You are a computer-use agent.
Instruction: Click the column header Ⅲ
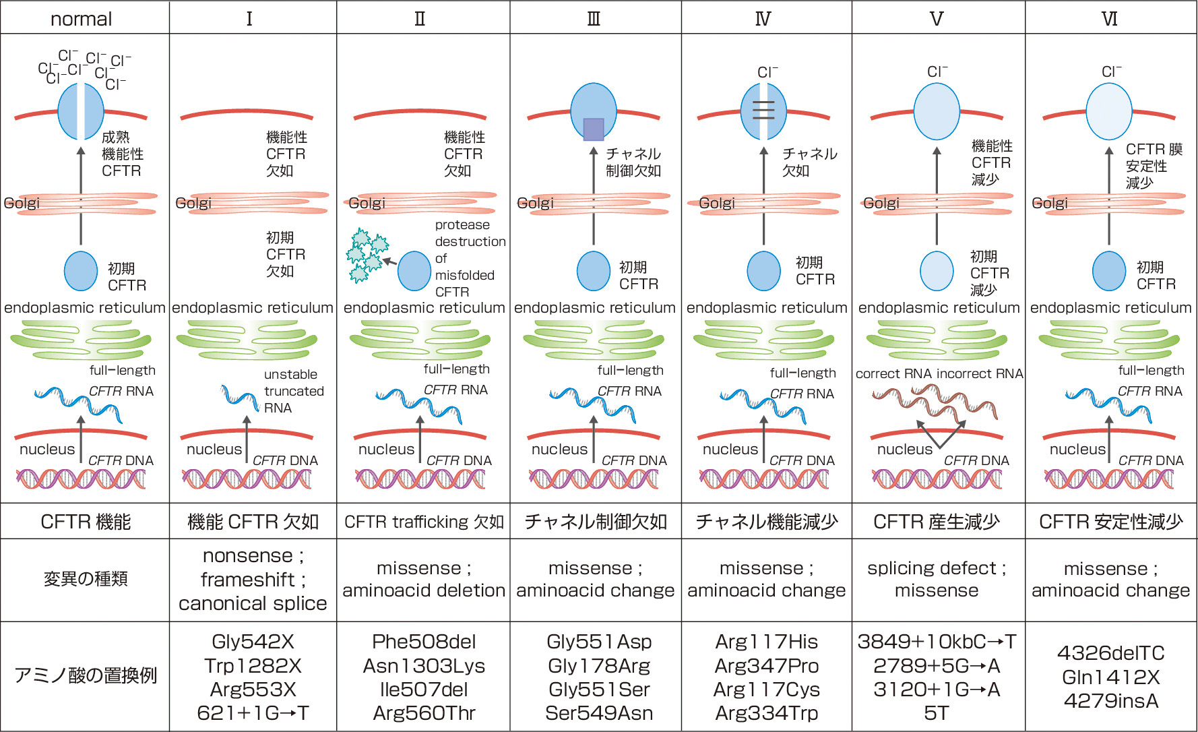click(594, 18)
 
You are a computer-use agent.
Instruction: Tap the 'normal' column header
click(81, 18)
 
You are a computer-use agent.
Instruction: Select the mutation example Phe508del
click(424, 642)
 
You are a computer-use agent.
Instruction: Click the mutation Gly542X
click(253, 642)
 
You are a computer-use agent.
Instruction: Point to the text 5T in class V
click(936, 713)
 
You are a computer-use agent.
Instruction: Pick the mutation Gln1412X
click(1110, 677)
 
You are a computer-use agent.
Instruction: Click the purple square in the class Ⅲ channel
click(593, 129)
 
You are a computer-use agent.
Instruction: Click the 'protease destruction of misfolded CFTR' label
click(469, 258)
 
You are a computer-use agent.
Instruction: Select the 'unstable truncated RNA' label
click(293, 391)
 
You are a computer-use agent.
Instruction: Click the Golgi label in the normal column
click(22, 203)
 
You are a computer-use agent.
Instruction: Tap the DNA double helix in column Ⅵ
click(1109, 479)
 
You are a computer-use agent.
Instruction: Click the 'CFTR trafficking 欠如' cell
click(424, 522)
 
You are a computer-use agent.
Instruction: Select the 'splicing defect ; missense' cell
click(937, 579)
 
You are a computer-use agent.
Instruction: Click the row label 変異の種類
click(85, 579)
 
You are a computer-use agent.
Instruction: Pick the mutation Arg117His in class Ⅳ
click(766, 642)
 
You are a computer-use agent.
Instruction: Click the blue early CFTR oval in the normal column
click(81, 271)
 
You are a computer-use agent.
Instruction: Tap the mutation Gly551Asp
click(598, 642)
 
